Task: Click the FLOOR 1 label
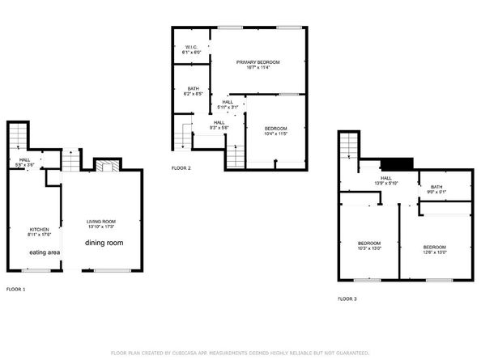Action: point(16,289)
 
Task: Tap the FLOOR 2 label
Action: point(181,168)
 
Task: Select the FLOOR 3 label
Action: point(347,299)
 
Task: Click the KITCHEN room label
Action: point(40,229)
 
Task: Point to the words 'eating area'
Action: point(44,252)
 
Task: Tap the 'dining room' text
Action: point(104,243)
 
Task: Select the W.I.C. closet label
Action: point(191,47)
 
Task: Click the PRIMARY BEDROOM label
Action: point(258,62)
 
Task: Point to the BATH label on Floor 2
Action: point(193,89)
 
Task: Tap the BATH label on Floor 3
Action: point(436,187)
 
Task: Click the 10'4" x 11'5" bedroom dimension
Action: point(275,133)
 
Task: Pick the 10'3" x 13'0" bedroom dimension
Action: point(370,248)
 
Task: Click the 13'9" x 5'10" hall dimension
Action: point(386,183)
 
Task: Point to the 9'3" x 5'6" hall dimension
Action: point(219,128)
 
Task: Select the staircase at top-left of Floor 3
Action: point(347,146)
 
